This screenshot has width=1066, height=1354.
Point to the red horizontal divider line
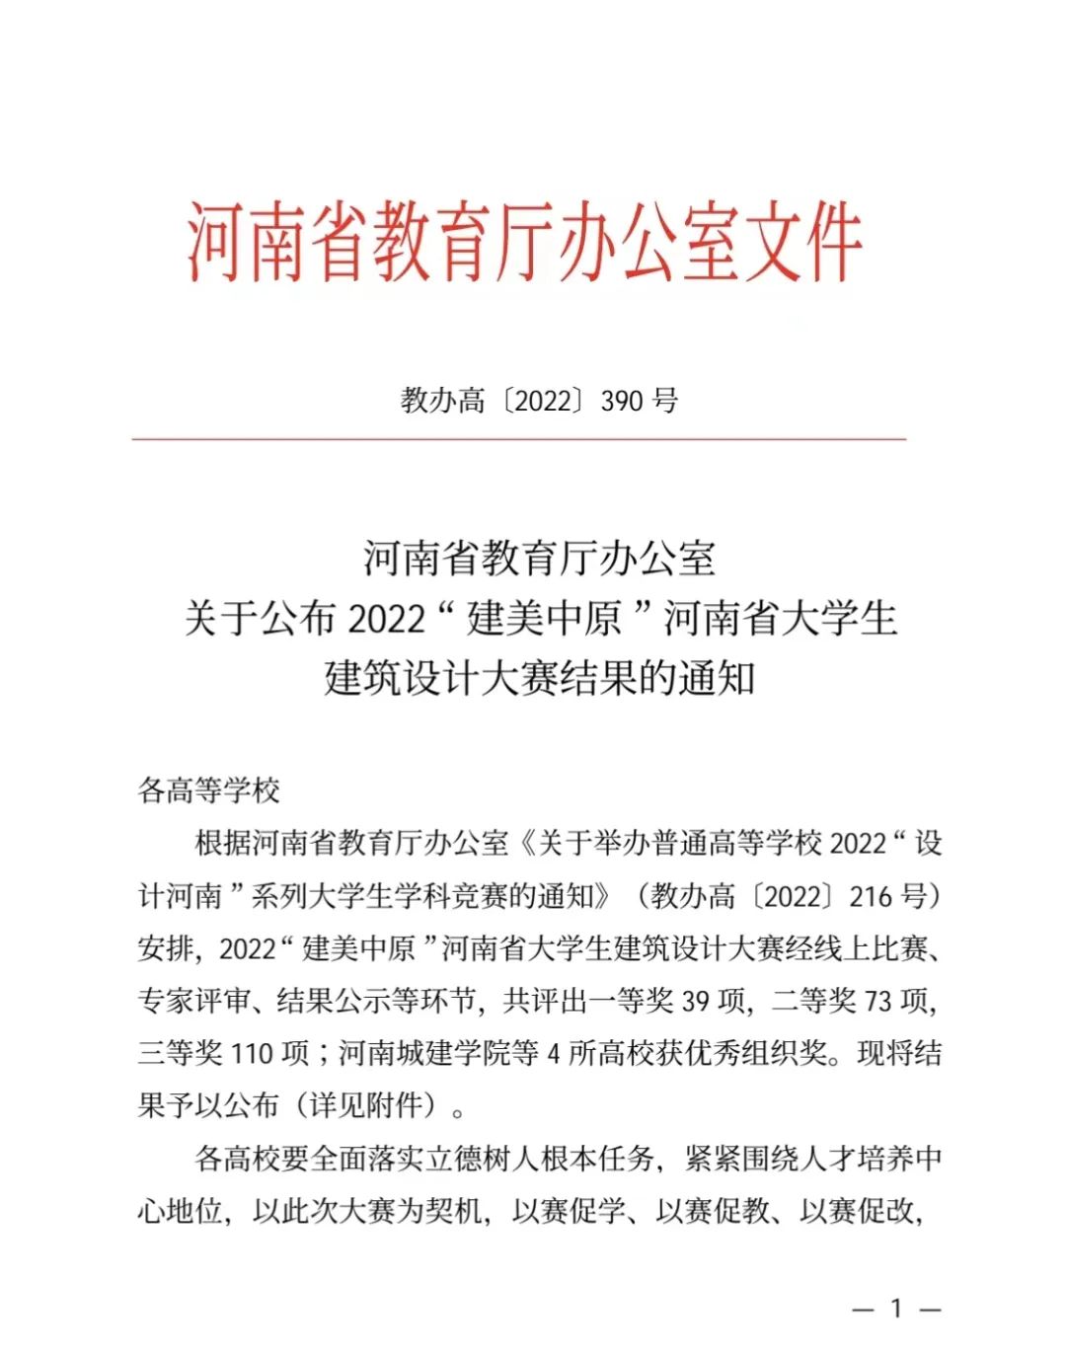click(x=519, y=439)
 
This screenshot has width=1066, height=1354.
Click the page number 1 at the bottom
click(x=896, y=1309)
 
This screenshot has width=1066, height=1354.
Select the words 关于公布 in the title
click(x=261, y=619)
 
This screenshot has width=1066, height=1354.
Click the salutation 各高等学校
click(x=208, y=790)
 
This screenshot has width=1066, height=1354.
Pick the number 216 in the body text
click(x=870, y=896)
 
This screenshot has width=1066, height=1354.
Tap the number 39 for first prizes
click(x=695, y=1001)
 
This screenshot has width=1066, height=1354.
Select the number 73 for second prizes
click(x=877, y=1001)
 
